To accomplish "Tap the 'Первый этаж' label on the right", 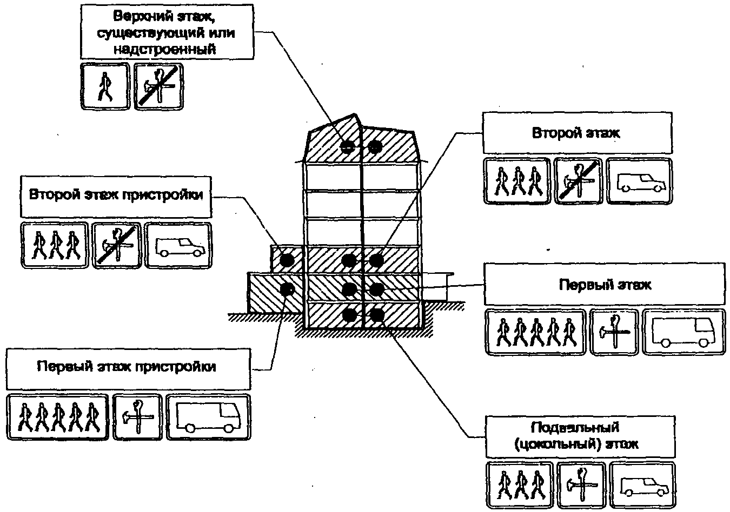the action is tap(605, 284).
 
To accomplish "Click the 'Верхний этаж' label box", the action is tap(167, 31).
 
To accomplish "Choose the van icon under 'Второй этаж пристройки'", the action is tap(178, 245).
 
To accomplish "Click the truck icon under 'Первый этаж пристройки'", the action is tap(209, 417).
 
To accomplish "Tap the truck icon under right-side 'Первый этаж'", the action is tap(683, 332).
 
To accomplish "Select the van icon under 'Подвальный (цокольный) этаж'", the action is tap(642, 484).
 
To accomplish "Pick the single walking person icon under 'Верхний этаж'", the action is tap(105, 86).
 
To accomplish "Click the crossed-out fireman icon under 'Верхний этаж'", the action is tap(159, 86).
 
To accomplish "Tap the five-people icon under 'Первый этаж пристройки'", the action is tap(58, 417).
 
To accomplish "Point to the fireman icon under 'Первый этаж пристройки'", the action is tap(137, 417).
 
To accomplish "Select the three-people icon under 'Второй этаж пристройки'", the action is tap(55, 245).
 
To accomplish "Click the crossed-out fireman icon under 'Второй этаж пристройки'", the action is tap(117, 245).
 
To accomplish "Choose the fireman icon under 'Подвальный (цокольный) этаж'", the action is tap(581, 484).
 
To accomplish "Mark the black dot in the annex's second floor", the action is tap(287, 260).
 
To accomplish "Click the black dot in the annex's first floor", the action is tap(288, 289).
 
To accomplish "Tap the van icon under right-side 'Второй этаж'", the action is tap(639, 181).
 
